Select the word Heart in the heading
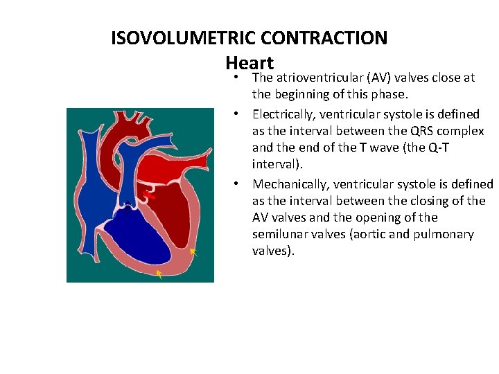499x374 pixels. point(249,62)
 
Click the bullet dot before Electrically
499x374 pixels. point(236,114)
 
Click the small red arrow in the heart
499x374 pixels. point(149,196)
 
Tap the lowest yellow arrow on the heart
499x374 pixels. point(159,275)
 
